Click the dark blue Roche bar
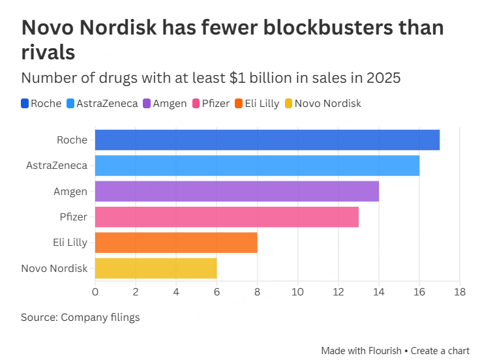(x=267, y=140)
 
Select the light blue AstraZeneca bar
(x=257, y=166)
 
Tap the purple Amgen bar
(x=237, y=191)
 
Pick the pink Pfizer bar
(x=227, y=217)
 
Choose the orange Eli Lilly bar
(x=176, y=243)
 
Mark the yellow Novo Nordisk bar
(x=156, y=268)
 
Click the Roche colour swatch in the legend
(x=25, y=103)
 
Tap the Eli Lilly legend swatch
(x=239, y=103)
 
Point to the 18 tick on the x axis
(x=460, y=292)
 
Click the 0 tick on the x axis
(x=95, y=292)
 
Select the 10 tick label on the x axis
(x=298, y=292)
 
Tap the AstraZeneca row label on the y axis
(x=57, y=166)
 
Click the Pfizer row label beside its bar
(x=74, y=217)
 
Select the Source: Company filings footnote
(x=80, y=318)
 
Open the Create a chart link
(x=441, y=351)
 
